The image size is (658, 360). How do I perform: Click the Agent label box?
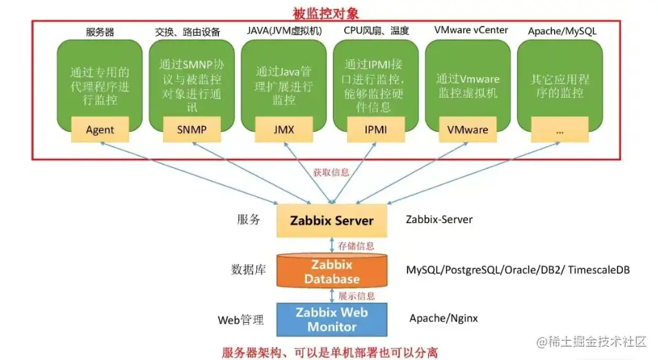coord(100,129)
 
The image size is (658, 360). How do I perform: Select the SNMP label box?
coord(191,129)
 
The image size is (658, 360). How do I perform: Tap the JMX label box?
coord(284,129)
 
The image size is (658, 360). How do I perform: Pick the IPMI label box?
coord(375,129)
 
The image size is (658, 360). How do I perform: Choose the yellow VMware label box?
coord(467,129)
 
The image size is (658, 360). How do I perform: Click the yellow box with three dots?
coord(559,129)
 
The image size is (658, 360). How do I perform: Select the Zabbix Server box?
coord(332,221)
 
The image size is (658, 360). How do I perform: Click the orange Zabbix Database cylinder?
coord(332,272)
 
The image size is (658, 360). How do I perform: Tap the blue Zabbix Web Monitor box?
coord(332,319)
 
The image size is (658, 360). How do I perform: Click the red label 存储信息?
coord(357,245)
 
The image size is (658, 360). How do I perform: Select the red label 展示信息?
coord(357,296)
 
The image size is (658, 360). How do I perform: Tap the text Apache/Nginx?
coord(443,318)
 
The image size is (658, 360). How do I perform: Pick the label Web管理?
coord(241,319)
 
